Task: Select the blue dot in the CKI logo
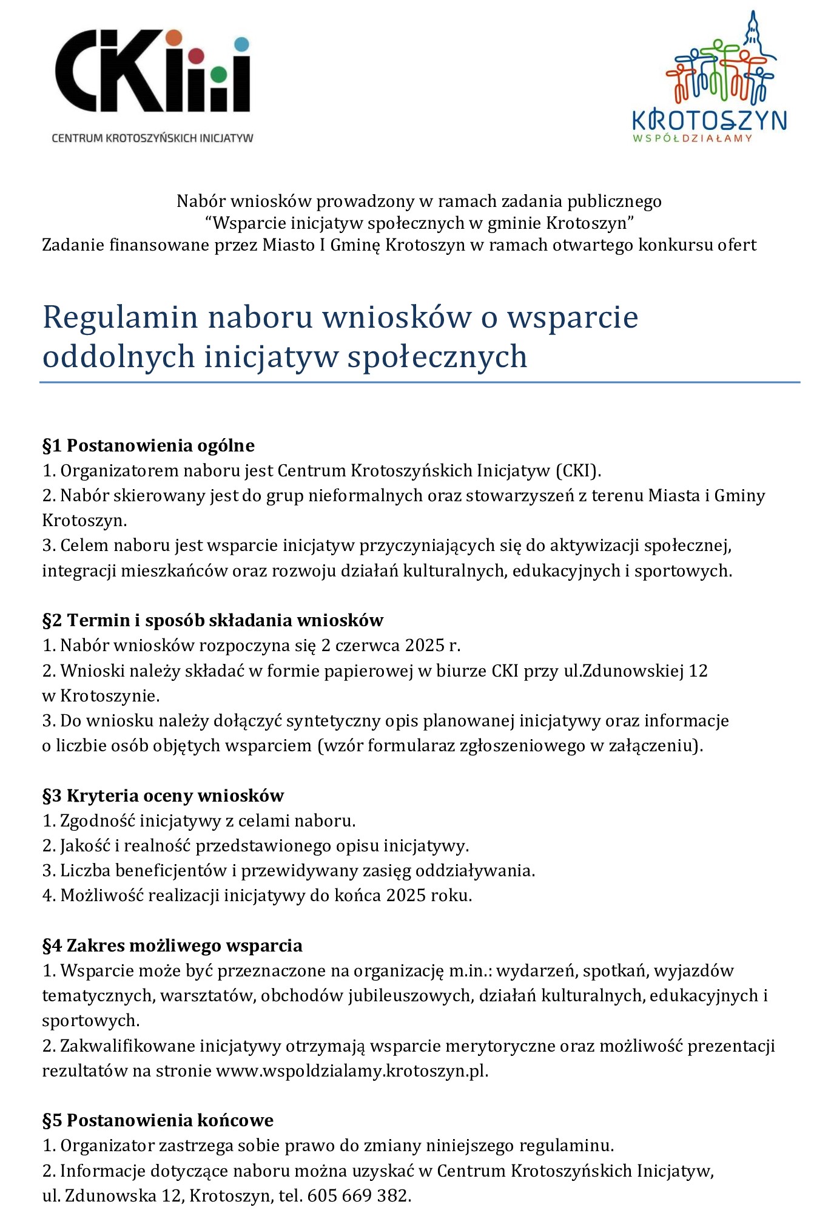pyautogui.click(x=241, y=44)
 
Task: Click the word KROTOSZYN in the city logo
pyautogui.click(x=709, y=121)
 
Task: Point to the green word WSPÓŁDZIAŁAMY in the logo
pyautogui.click(x=692, y=138)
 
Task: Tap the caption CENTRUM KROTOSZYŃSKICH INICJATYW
pyautogui.click(x=152, y=138)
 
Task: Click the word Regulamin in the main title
pyautogui.click(x=120, y=317)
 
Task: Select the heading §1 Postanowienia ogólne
pyautogui.click(x=148, y=445)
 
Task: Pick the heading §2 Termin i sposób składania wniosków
pyautogui.click(x=212, y=620)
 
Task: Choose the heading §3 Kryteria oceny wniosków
pyautogui.click(x=163, y=795)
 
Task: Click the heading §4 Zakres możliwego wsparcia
pyautogui.click(x=172, y=945)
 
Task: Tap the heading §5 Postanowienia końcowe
pyautogui.click(x=158, y=1120)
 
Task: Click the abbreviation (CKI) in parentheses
pyautogui.click(x=576, y=470)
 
